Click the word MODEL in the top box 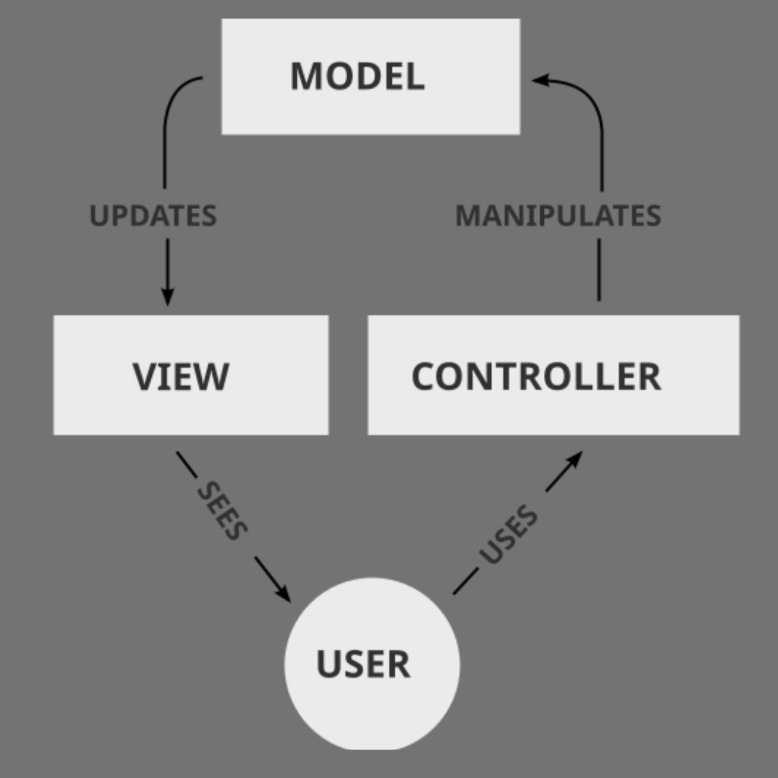pyautogui.click(x=357, y=76)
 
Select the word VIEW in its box pyautogui.click(x=181, y=376)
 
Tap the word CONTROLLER pyautogui.click(x=536, y=376)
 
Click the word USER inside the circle pyautogui.click(x=363, y=663)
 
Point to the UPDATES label pyautogui.click(x=153, y=216)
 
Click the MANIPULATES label pyautogui.click(x=558, y=215)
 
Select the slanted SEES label pyautogui.click(x=222, y=511)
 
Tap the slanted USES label pyautogui.click(x=508, y=535)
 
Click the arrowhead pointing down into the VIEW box pyautogui.click(x=167, y=296)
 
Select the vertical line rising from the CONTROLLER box pyautogui.click(x=599, y=270)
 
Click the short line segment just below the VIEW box pyautogui.click(x=187, y=465)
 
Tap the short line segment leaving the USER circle pyautogui.click(x=465, y=581)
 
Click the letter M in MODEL pyautogui.click(x=304, y=76)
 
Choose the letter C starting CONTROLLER pyautogui.click(x=425, y=376)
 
